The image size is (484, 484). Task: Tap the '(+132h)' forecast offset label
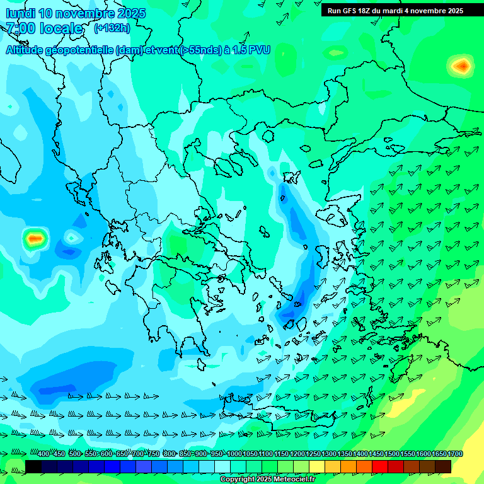tap(112, 28)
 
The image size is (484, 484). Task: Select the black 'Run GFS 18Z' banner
tap(396, 11)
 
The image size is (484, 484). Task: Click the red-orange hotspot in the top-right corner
tap(462, 65)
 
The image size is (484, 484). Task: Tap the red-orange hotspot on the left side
tap(35, 239)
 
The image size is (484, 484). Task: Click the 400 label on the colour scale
tap(43, 454)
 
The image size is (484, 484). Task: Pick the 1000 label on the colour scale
tap(234, 454)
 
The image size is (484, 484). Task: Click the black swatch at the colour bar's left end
tap(33, 466)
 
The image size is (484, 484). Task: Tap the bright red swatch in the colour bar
tap(379, 466)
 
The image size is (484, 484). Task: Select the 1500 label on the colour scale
tap(392, 454)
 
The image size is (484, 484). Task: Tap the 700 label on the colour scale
tap(138, 454)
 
